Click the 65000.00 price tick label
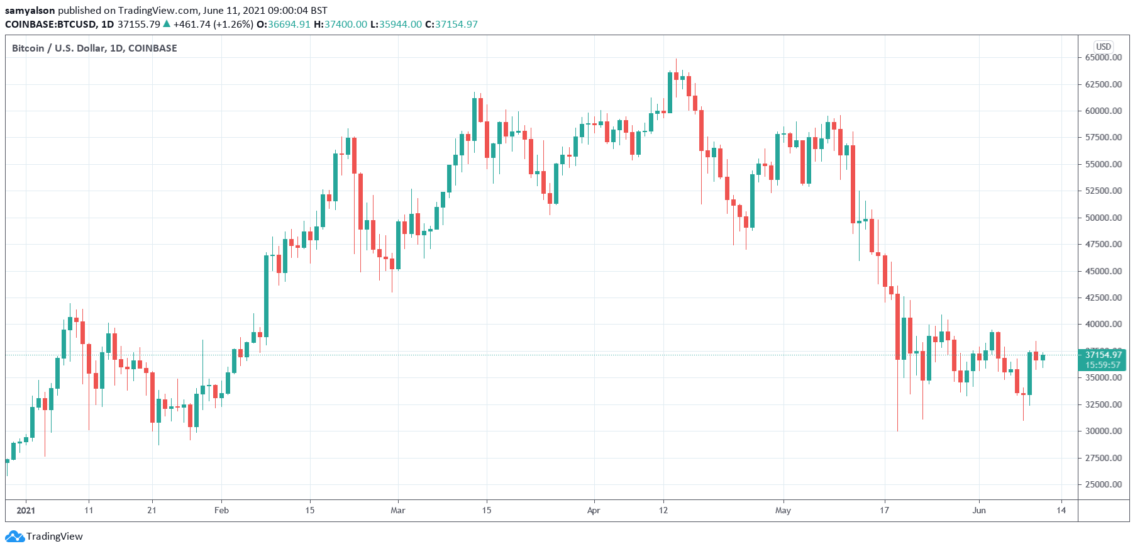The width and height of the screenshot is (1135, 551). pyautogui.click(x=1103, y=57)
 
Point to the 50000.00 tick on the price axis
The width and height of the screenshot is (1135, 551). pyautogui.click(x=1103, y=218)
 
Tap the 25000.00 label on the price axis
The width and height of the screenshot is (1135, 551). pyautogui.click(x=1103, y=484)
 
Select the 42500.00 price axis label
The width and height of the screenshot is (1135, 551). pyautogui.click(x=1103, y=298)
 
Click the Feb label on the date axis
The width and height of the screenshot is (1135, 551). pyautogui.click(x=221, y=510)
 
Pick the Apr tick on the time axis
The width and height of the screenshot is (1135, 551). pyautogui.click(x=594, y=510)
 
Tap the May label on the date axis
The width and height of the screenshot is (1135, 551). pyautogui.click(x=783, y=510)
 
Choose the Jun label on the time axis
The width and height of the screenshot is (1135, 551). pyautogui.click(x=979, y=510)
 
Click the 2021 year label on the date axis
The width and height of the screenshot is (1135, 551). pyautogui.click(x=26, y=510)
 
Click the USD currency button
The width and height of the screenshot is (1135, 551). pyautogui.click(x=1104, y=47)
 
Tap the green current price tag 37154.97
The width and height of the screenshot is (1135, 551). pyautogui.click(x=1103, y=355)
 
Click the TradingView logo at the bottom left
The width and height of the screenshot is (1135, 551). pyautogui.click(x=44, y=537)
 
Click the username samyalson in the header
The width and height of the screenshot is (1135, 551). pyautogui.click(x=30, y=11)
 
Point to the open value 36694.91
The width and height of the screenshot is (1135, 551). pyautogui.click(x=289, y=25)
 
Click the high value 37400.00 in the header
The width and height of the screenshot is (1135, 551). pyautogui.click(x=345, y=25)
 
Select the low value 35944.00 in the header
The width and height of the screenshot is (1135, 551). pyautogui.click(x=400, y=25)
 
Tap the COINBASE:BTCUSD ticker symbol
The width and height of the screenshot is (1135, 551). pyautogui.click(x=50, y=25)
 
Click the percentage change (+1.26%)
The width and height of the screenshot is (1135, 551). pyautogui.click(x=233, y=25)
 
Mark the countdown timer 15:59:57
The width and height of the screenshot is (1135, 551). pyautogui.click(x=1103, y=365)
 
